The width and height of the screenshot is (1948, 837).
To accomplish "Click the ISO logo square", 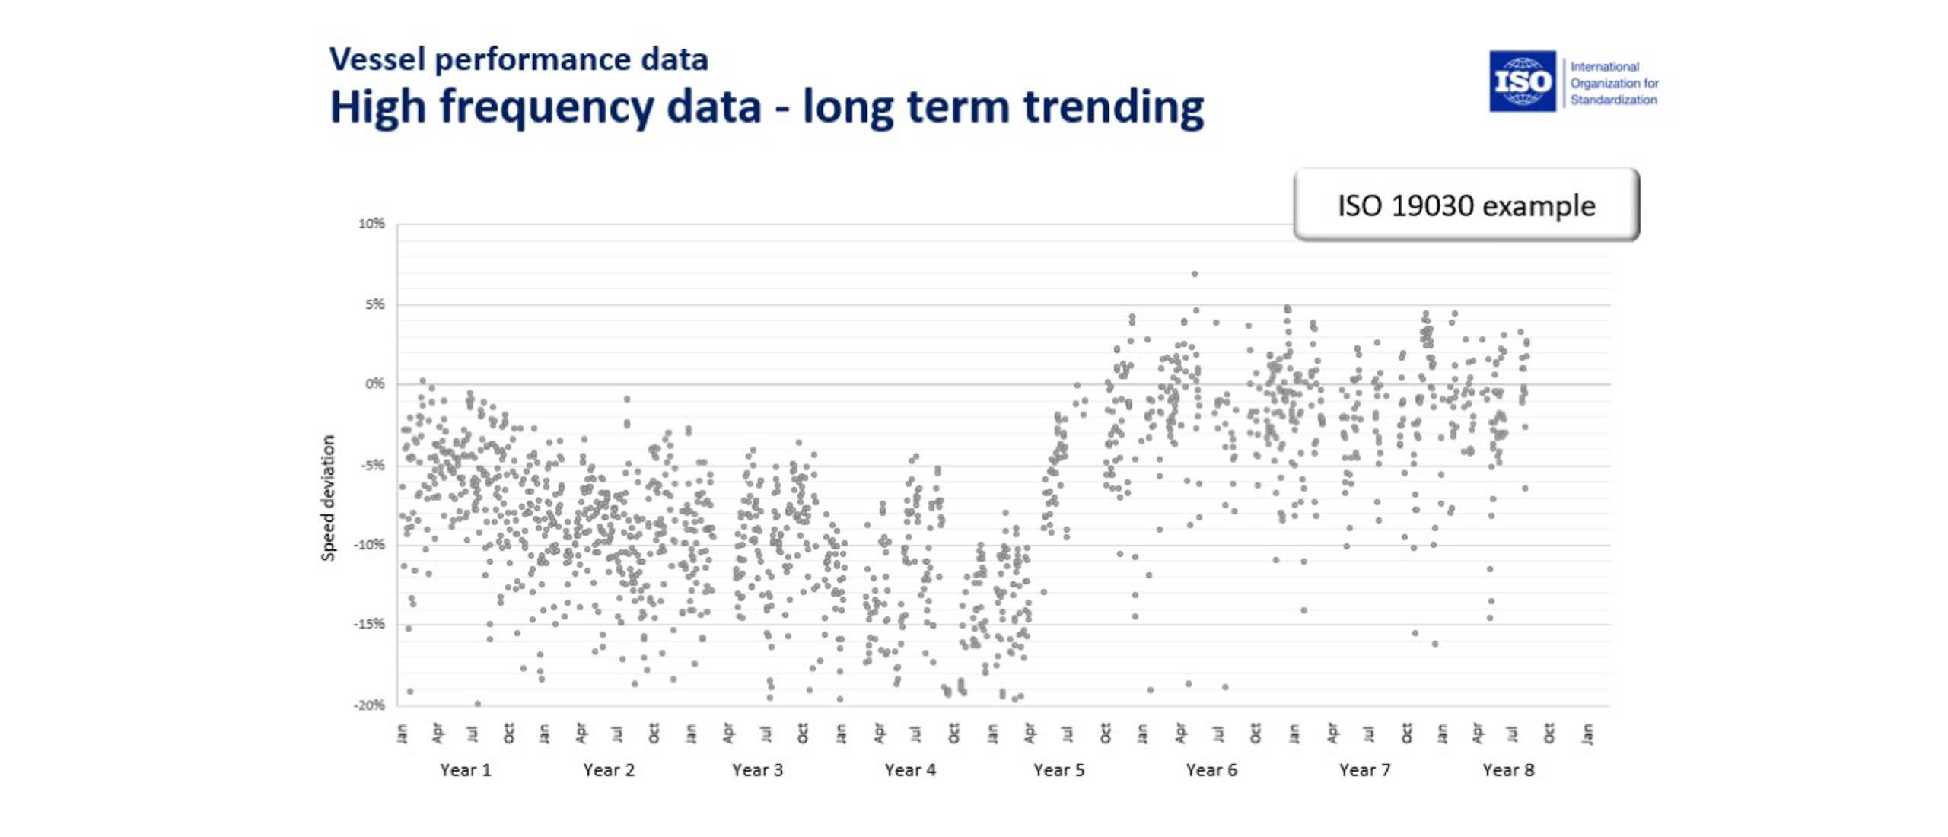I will pyautogui.click(x=1522, y=81).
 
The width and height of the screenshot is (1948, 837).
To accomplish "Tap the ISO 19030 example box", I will pyautogui.click(x=1466, y=205).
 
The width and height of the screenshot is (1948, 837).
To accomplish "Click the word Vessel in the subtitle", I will pyautogui.click(x=377, y=59).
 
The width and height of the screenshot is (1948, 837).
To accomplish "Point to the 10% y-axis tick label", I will pyautogui.click(x=371, y=224).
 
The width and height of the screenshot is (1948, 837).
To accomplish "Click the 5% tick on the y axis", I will pyautogui.click(x=374, y=304).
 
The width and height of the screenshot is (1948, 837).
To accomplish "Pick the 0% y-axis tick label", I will pyautogui.click(x=374, y=384).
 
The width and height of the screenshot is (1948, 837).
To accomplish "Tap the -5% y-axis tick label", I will pyautogui.click(x=372, y=465).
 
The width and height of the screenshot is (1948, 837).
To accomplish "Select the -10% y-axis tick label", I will pyautogui.click(x=370, y=545).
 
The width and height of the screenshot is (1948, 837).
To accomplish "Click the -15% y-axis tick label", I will pyautogui.click(x=370, y=625).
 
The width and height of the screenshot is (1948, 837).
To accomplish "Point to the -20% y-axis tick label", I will pyautogui.click(x=370, y=705).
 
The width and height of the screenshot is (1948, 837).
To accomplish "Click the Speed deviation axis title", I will pyautogui.click(x=328, y=498).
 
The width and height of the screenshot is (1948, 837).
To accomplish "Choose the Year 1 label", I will pyautogui.click(x=465, y=770).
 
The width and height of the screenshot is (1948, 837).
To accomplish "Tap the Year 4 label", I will pyautogui.click(x=910, y=770).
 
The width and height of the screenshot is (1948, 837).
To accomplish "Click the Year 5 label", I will pyautogui.click(x=1058, y=770).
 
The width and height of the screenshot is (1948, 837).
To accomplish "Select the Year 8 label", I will pyautogui.click(x=1508, y=770).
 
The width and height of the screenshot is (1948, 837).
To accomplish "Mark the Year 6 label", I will pyautogui.click(x=1211, y=770).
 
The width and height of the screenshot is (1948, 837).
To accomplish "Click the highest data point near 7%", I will pyautogui.click(x=1195, y=274).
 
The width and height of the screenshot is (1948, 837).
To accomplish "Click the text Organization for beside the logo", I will pyautogui.click(x=1614, y=83).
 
